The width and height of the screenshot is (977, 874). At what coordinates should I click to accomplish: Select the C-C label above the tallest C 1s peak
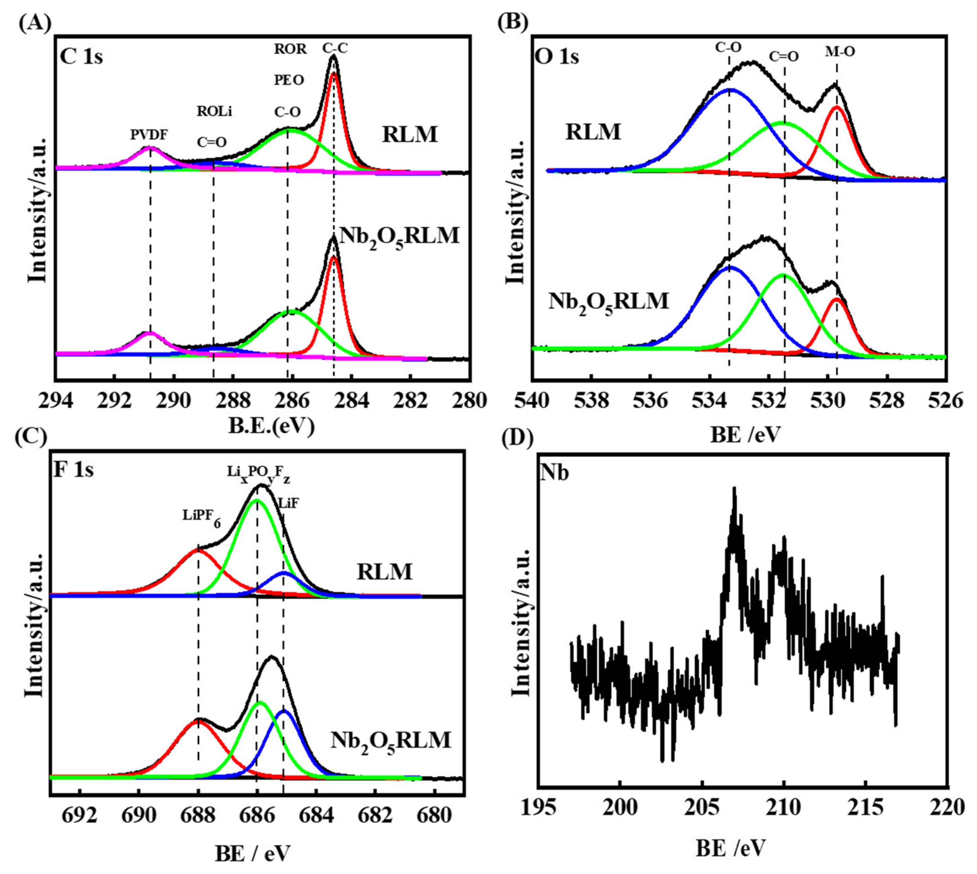335,48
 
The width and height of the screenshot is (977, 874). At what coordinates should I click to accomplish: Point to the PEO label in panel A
289,80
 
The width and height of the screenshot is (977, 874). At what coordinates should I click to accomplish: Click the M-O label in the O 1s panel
840,52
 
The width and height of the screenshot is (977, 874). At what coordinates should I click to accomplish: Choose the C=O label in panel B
784,57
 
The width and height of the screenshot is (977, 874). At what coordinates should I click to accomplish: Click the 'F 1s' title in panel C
73,470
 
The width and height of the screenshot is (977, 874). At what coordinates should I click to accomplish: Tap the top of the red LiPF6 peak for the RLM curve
198,550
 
